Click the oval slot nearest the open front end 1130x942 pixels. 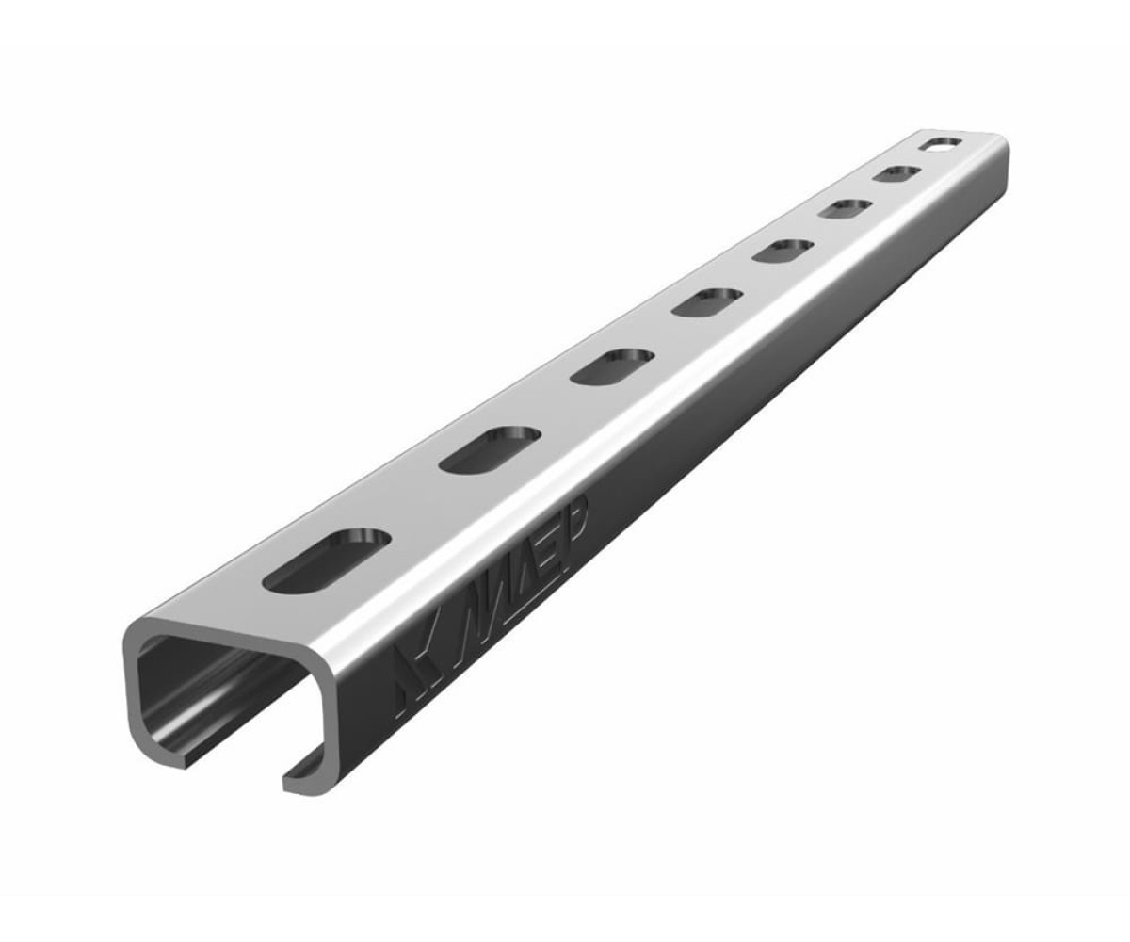click(327, 560)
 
